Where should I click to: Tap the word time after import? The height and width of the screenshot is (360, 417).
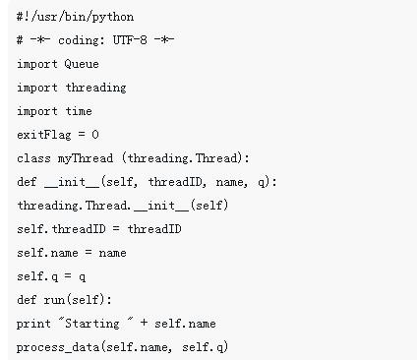(78, 111)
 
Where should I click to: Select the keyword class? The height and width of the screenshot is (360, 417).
(30, 158)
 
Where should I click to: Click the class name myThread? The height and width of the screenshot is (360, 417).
(79, 158)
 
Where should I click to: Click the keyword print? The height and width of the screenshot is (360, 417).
(31, 324)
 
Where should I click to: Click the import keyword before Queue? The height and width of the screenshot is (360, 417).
(36, 64)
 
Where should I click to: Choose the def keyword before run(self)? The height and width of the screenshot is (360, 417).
(27, 300)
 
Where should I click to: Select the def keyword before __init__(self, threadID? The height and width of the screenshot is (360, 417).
(27, 182)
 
